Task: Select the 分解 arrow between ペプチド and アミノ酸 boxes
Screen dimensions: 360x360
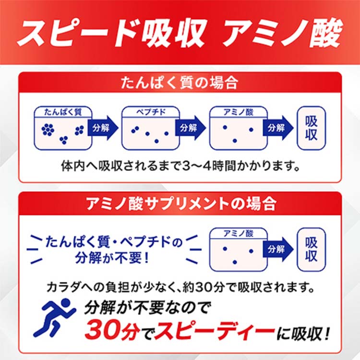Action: (x=190, y=128)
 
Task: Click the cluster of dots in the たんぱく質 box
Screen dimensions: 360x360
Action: (x=48, y=130)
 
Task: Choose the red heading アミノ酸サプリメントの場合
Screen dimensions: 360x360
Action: (x=180, y=204)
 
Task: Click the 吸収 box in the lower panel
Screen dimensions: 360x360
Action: (x=311, y=248)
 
